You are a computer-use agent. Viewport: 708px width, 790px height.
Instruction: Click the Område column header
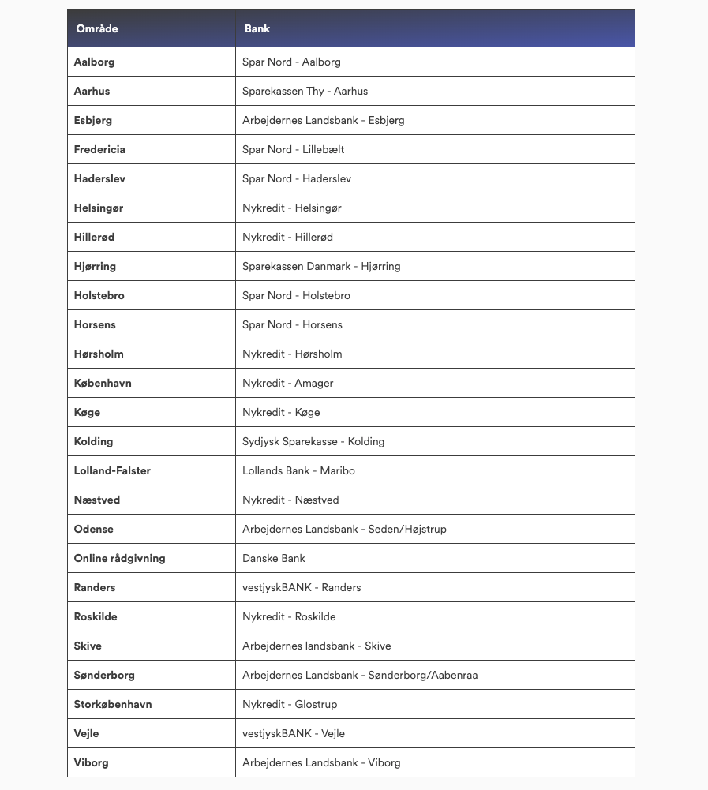97,28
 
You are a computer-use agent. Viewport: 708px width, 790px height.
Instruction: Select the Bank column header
257,28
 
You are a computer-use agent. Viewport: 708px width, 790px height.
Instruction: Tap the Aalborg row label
94,62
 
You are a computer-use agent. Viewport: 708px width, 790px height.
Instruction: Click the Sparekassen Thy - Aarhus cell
305,91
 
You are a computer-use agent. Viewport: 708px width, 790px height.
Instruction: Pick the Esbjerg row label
93,120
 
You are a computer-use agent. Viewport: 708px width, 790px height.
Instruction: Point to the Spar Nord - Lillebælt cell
293,149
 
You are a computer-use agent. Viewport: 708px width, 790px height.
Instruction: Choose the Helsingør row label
99,208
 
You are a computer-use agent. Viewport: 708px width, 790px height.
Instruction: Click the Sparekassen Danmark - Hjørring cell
321,266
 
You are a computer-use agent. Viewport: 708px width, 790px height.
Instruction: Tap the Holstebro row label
99,295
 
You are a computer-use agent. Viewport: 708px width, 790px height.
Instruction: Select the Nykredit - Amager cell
287,383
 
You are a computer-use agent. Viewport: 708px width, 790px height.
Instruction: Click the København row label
103,383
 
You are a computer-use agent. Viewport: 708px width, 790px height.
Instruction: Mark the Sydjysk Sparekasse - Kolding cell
313,441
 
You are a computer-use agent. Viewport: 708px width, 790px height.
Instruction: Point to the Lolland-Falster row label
112,470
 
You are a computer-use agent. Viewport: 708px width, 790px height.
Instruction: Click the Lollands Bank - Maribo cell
298,470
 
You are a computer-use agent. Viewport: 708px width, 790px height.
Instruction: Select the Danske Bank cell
273,558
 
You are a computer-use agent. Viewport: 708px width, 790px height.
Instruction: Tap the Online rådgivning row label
119,558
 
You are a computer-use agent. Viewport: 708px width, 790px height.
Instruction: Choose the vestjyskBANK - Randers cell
302,587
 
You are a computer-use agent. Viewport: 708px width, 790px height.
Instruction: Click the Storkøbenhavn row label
113,704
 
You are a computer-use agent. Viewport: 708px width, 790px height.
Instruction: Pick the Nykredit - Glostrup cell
290,704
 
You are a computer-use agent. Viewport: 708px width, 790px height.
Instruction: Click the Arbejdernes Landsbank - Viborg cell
321,762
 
